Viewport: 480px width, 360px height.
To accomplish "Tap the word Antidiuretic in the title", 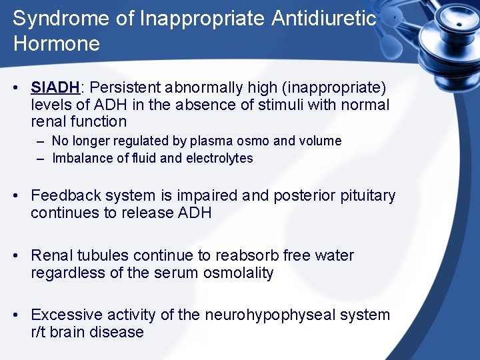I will point(323,19).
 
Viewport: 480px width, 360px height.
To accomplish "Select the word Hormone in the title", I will point(56,45).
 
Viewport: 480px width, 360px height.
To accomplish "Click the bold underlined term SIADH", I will point(55,87).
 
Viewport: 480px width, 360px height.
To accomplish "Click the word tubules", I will point(103,255).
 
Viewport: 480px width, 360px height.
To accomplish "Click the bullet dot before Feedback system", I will point(21,196).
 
